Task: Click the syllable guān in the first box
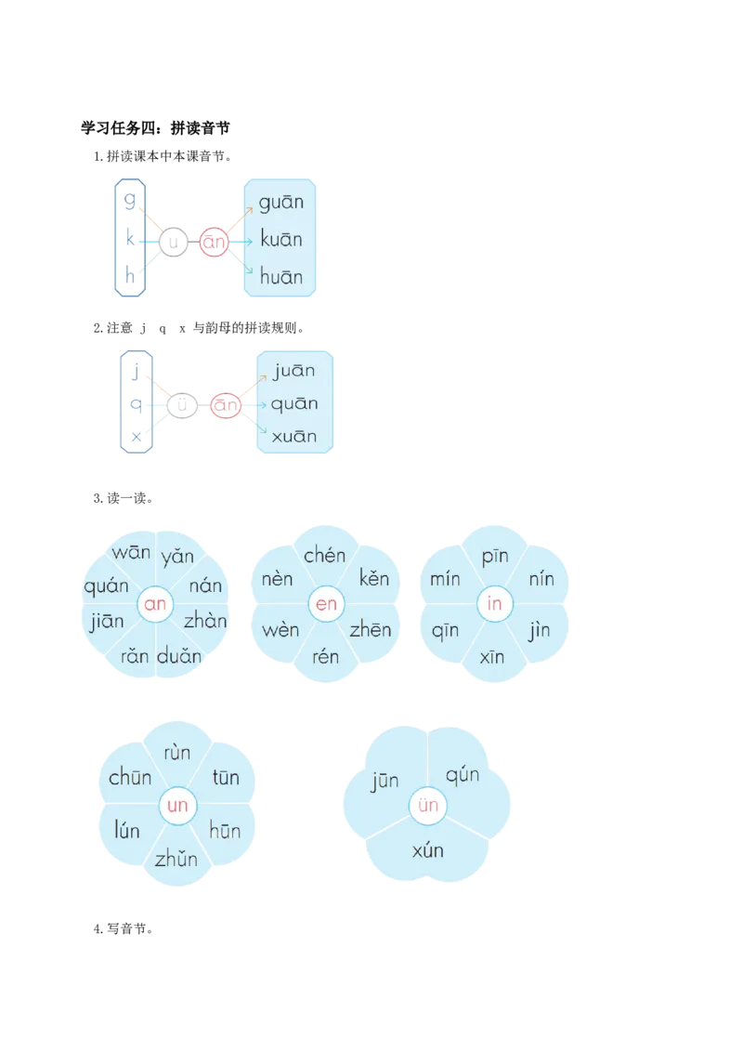(x=281, y=202)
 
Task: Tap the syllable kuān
(x=281, y=238)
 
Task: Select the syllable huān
(x=281, y=276)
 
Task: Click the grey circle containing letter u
(x=173, y=242)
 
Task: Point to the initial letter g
(x=130, y=199)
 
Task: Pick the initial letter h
(x=130, y=274)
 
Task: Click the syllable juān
(x=293, y=371)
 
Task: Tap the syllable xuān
(x=293, y=436)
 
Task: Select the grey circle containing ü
(x=182, y=404)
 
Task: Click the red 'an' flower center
(x=155, y=604)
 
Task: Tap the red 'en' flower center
(x=326, y=604)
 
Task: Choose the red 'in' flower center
(x=495, y=604)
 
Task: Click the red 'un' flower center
(x=177, y=805)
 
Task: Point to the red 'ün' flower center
(x=428, y=805)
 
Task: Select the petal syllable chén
(x=324, y=555)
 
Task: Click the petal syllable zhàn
(x=205, y=621)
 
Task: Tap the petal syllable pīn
(x=495, y=556)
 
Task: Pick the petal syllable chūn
(x=130, y=777)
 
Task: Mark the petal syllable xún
(x=428, y=850)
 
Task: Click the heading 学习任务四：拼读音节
(x=156, y=127)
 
